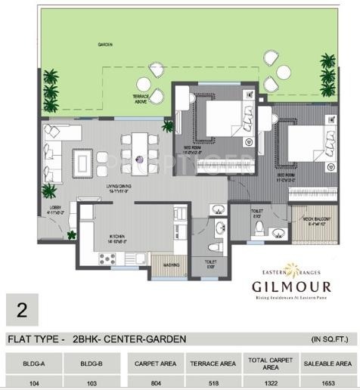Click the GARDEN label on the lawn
pos(105,46)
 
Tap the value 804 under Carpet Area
pos(155,382)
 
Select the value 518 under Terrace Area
pos(213,382)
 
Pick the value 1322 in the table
pos(270,382)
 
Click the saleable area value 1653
pos(327,382)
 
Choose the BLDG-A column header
pos(33,362)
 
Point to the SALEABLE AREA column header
pos(327,362)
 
